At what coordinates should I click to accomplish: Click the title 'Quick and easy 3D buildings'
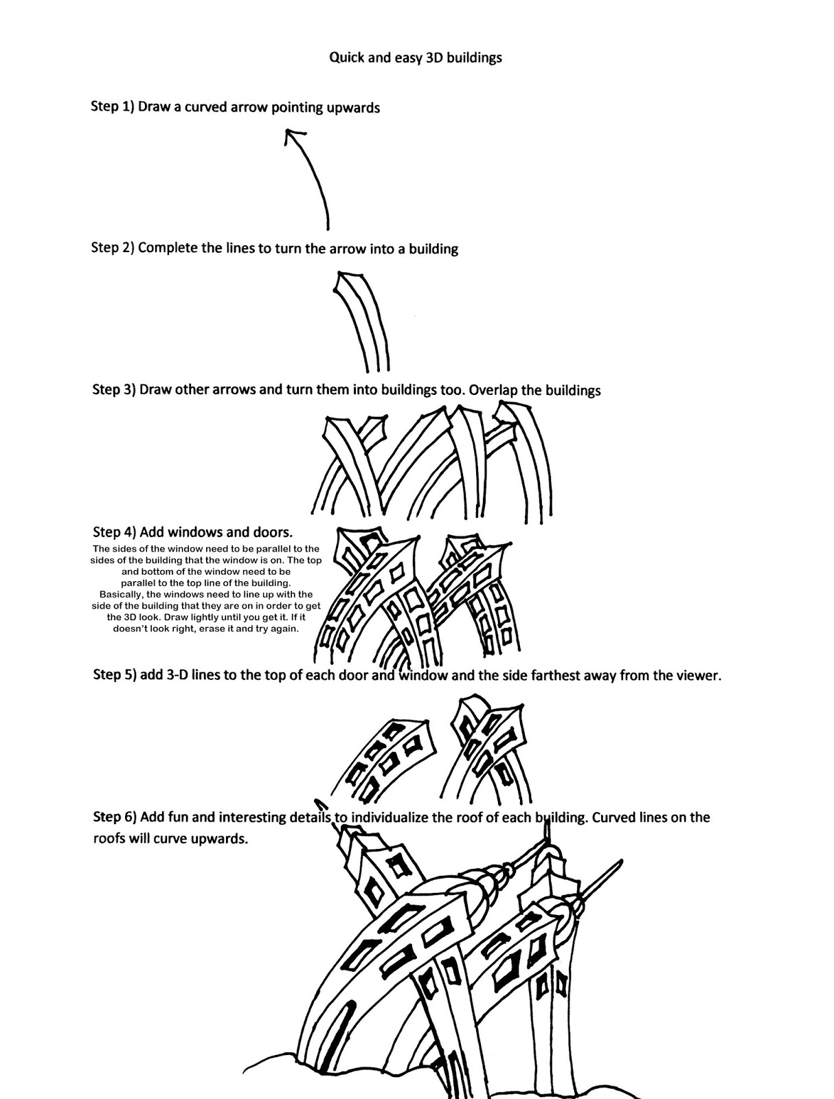pyautogui.click(x=415, y=58)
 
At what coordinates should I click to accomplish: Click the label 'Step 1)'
pyautogui.click(x=112, y=106)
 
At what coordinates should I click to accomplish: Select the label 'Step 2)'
pyautogui.click(x=113, y=247)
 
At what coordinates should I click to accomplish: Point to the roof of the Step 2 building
pyautogui.click(x=348, y=282)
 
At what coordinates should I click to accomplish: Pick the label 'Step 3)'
pyautogui.click(x=114, y=389)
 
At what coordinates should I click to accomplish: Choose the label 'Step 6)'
pyautogui.click(x=114, y=817)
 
